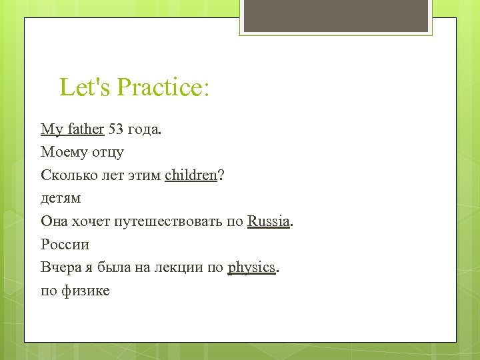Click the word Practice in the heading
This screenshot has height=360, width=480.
[163, 87]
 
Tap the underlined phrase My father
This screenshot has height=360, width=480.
[72, 129]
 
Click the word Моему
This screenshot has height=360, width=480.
[63, 152]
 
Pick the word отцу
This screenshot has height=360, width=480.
[107, 153]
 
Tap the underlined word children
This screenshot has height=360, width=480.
[191, 175]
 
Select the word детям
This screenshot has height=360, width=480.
[61, 198]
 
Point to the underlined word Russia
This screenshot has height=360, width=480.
[269, 221]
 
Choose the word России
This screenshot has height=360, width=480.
[65, 244]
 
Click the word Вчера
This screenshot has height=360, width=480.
[59, 267]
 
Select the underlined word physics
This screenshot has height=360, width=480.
[251, 267]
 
